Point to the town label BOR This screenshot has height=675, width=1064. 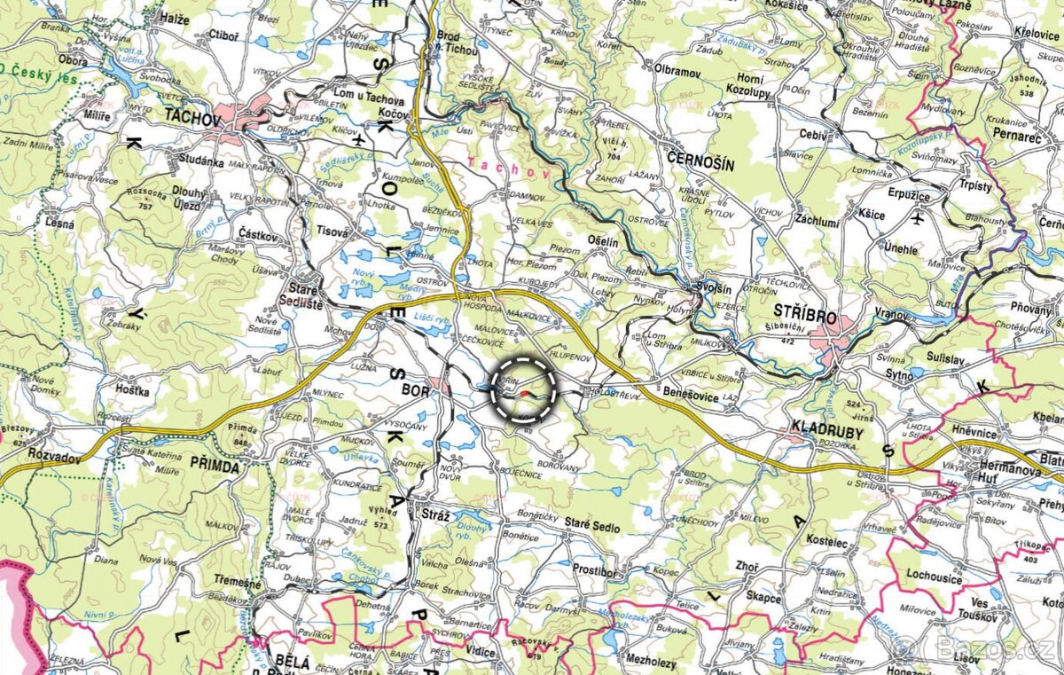416,390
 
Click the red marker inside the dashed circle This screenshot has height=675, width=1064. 527,390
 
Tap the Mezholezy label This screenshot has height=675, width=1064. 651,662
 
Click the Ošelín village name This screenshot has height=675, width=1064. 602,241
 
